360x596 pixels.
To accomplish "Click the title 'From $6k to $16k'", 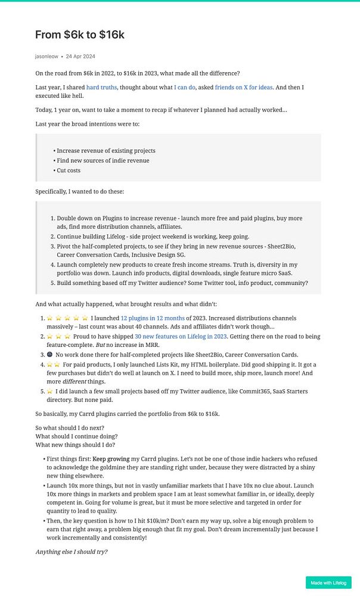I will [79, 35].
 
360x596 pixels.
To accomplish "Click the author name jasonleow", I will [46, 57].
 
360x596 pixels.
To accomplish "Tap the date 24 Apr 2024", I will [80, 57].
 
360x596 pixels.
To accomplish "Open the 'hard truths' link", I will [101, 88].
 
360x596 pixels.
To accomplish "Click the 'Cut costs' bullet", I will [69, 170].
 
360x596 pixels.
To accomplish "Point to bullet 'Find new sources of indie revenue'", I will [103, 160].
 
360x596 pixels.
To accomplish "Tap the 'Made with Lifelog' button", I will [328, 583].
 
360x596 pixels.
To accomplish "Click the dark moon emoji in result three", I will [49, 355].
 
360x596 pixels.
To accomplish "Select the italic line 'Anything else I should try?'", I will [72, 552].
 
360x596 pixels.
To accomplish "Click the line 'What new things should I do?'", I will [75, 445].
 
